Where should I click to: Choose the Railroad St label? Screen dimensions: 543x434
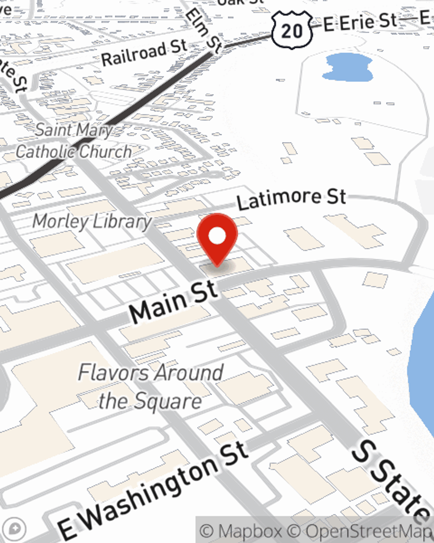(x=144, y=52)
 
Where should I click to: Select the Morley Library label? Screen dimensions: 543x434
(x=92, y=222)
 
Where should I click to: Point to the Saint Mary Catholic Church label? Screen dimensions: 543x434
(x=74, y=141)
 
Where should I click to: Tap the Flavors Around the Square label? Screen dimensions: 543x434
(x=151, y=386)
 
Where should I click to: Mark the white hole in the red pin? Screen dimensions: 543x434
(x=217, y=236)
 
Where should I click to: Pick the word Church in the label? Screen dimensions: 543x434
(x=105, y=152)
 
